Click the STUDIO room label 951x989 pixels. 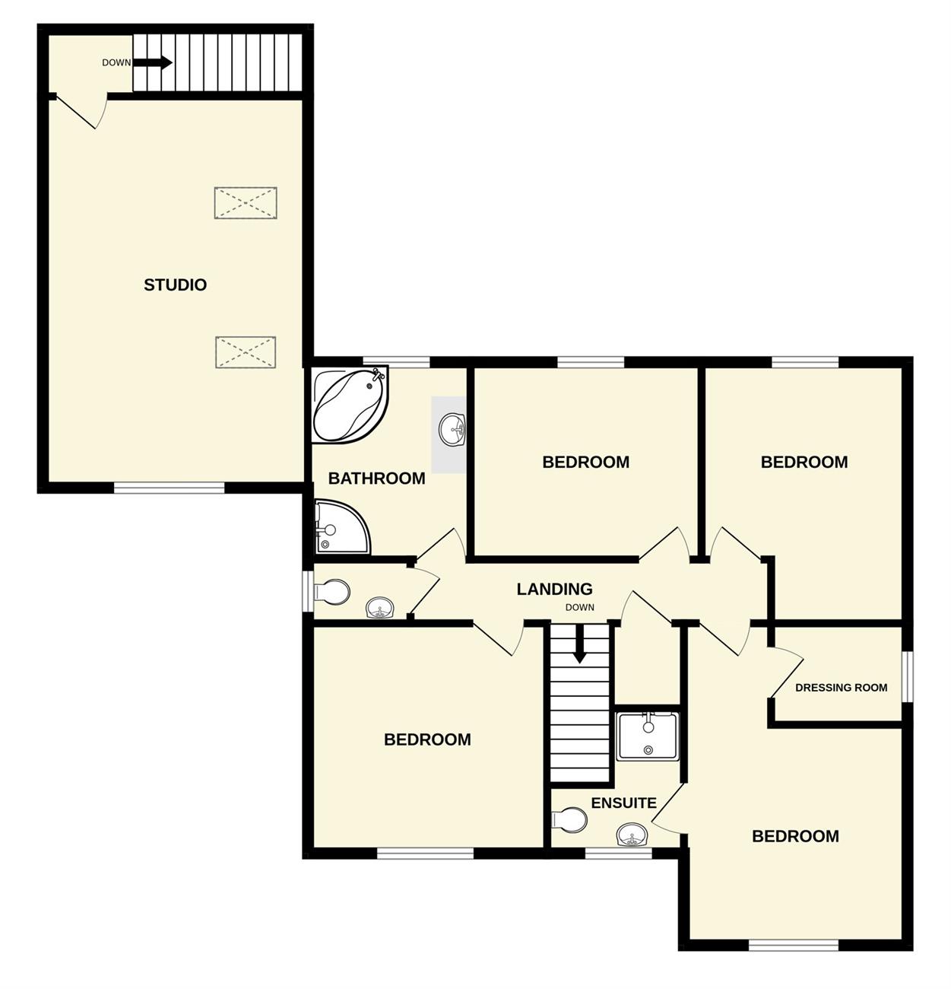[x=175, y=285]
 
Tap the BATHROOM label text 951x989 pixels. [x=377, y=479]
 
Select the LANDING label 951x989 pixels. [x=554, y=589]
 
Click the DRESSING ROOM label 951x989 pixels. [x=842, y=688]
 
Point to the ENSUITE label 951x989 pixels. [x=624, y=803]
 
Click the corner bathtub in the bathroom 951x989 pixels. [x=350, y=405]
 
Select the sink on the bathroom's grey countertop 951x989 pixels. [x=452, y=430]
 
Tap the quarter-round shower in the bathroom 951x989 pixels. [x=342, y=527]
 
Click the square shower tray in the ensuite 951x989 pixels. [x=648, y=736]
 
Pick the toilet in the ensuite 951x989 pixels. [x=569, y=820]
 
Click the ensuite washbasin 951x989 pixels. [x=632, y=835]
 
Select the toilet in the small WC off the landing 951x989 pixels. [x=332, y=592]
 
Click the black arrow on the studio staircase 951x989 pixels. [x=152, y=62]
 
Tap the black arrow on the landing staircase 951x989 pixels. [x=579, y=644]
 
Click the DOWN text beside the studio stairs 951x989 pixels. [x=116, y=63]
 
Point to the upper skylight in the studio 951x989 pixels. [x=246, y=203]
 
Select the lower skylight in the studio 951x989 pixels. [x=246, y=352]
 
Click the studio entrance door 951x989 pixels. [x=81, y=111]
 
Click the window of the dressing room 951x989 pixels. [x=908, y=677]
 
